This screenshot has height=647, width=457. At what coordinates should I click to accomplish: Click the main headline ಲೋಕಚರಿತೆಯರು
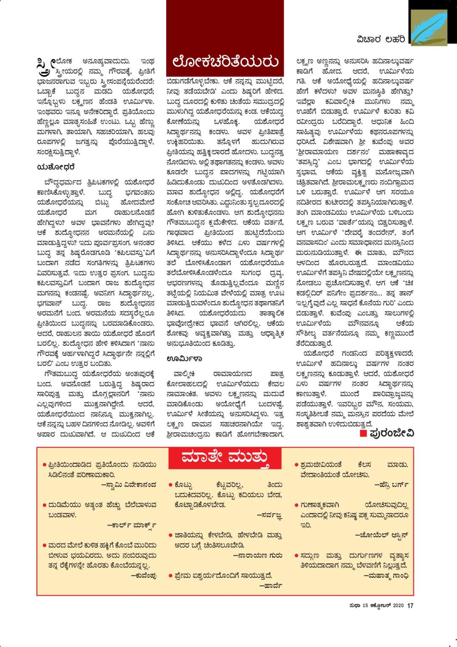(x=225, y=61)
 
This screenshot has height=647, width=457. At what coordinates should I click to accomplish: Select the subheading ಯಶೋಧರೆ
(x=56, y=168)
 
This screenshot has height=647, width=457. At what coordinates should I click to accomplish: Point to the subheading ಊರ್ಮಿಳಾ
(x=184, y=359)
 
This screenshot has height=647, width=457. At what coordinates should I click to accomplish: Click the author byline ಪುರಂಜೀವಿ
(x=391, y=433)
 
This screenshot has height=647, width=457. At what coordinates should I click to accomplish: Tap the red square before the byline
(x=362, y=433)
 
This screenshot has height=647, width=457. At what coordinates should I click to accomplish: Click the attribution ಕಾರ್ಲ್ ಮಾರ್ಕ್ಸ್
(x=132, y=525)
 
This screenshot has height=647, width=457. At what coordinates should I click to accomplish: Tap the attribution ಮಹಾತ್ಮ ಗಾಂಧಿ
(x=386, y=576)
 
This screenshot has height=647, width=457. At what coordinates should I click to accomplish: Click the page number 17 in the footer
(x=410, y=606)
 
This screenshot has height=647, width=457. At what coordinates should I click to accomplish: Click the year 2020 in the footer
(x=398, y=606)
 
